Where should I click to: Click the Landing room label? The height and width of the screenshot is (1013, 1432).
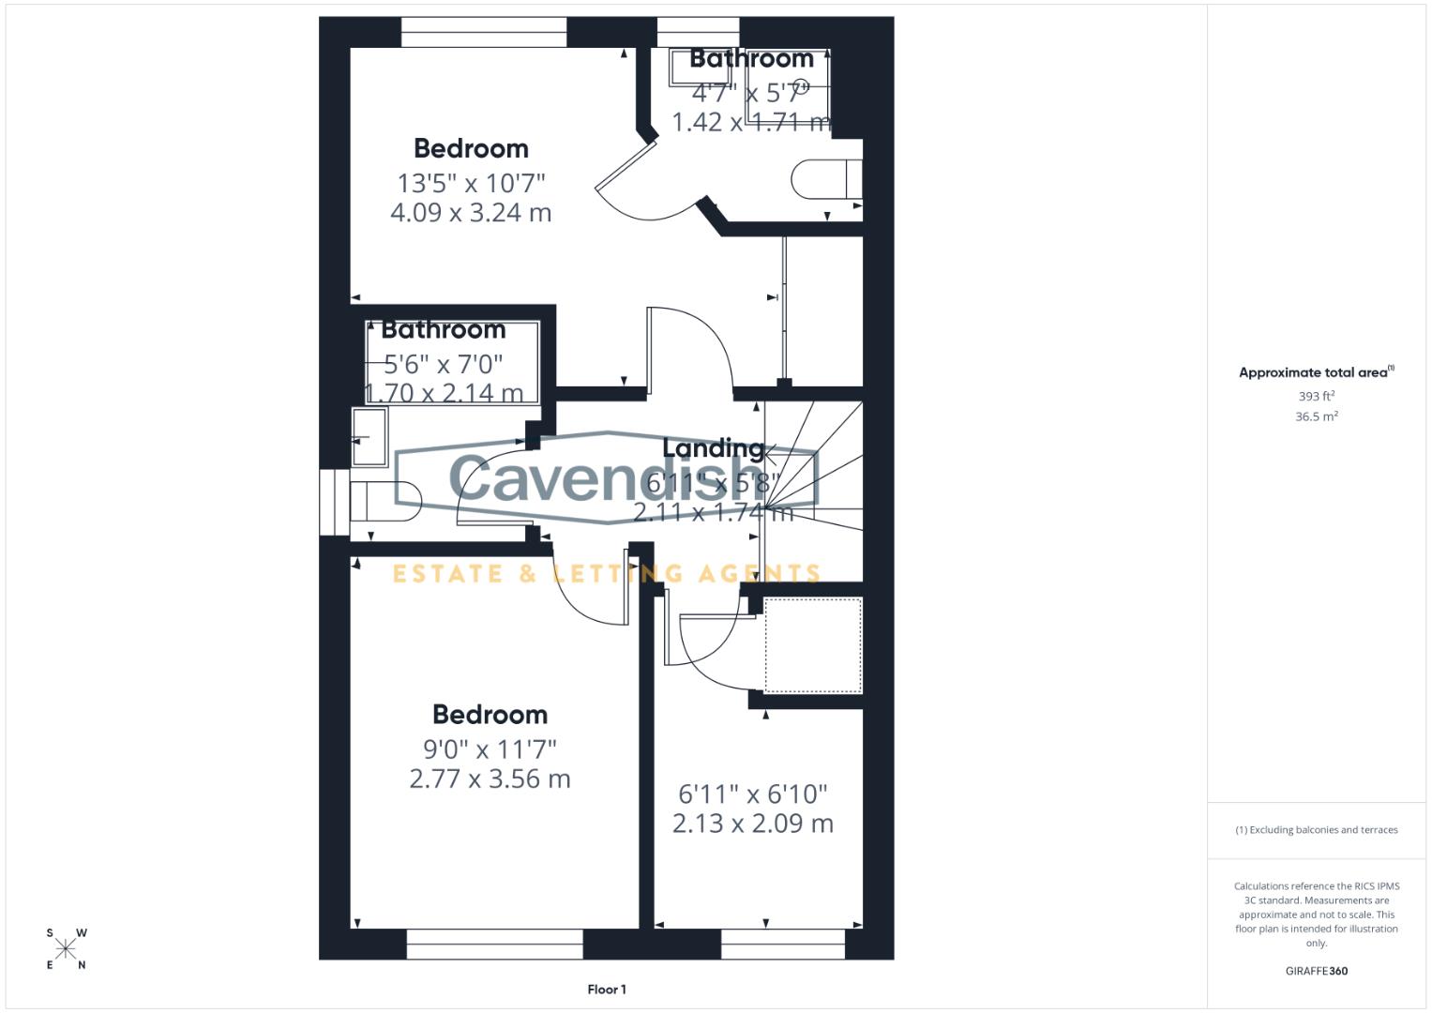(713, 448)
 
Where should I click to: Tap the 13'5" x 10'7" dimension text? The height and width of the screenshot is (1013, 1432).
(471, 183)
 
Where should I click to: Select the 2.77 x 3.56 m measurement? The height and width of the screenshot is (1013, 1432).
(490, 779)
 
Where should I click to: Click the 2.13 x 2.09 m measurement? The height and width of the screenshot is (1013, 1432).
(752, 824)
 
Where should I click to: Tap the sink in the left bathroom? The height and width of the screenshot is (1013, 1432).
(369, 436)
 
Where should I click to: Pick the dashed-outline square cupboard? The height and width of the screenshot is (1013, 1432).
(813, 645)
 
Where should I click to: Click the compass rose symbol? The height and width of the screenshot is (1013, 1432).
(66, 949)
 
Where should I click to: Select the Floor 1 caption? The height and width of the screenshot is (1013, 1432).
(607, 990)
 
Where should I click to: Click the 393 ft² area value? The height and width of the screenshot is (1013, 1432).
(1316, 397)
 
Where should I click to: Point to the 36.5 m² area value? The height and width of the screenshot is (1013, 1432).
(1316, 416)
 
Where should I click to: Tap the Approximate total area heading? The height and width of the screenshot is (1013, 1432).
(1315, 372)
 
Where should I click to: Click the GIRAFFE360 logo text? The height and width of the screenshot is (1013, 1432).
(1316, 971)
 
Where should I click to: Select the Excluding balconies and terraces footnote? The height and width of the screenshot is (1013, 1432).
(1316, 830)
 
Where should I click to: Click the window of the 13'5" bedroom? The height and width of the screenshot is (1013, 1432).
(484, 32)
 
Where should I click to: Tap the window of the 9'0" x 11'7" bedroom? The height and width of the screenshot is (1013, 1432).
(494, 945)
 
